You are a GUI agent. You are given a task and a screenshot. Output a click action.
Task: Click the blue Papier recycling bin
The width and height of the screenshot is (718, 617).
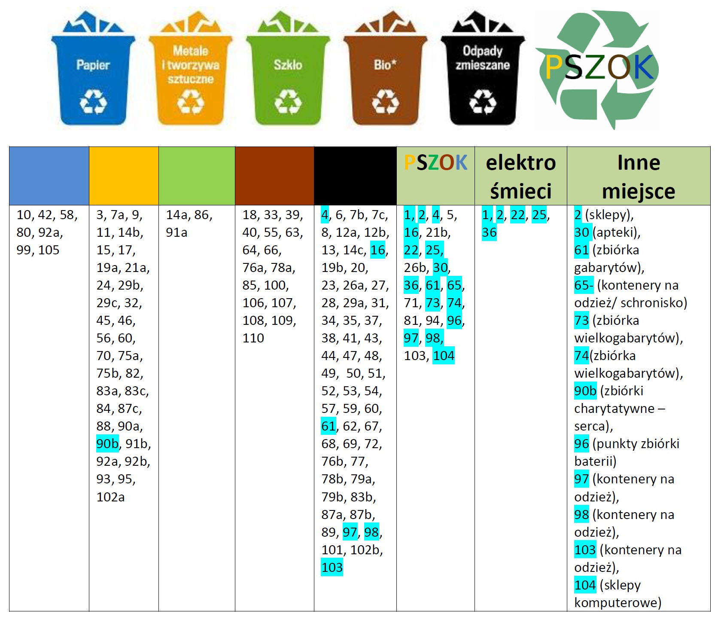[x=93, y=77]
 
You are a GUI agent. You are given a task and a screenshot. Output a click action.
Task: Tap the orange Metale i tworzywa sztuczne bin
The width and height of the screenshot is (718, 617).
[x=190, y=77]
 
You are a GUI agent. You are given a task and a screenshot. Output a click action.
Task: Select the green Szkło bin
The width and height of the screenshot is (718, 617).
[x=288, y=77]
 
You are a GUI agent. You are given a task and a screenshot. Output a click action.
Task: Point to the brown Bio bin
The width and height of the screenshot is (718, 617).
[x=385, y=77]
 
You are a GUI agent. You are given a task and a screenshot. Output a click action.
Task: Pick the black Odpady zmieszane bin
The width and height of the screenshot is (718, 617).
[x=483, y=77]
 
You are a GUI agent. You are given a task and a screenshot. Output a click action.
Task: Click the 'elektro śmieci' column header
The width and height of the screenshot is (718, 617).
[x=520, y=176]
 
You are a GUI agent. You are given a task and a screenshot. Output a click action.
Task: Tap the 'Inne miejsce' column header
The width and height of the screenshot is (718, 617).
[x=639, y=176]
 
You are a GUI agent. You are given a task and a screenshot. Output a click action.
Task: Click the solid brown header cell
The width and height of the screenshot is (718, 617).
[x=274, y=176]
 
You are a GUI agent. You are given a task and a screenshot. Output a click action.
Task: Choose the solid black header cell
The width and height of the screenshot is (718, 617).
[x=355, y=176]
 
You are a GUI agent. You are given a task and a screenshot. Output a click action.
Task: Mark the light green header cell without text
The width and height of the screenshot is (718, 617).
[x=197, y=176]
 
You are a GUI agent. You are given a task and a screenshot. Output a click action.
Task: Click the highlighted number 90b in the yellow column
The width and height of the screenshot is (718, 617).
[x=107, y=444]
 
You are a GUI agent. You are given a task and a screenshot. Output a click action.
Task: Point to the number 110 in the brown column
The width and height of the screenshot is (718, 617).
[x=253, y=338]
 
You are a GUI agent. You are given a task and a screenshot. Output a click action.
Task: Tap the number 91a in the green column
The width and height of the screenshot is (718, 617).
[x=176, y=232]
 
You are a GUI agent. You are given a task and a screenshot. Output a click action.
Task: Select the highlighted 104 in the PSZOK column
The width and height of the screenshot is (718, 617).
[x=443, y=356]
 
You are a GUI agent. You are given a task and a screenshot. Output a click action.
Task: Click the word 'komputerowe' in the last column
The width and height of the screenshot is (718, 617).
[x=618, y=603]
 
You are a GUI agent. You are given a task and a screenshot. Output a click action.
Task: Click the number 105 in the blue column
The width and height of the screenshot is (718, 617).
[x=49, y=250]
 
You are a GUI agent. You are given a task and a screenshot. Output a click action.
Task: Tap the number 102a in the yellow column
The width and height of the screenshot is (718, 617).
[x=110, y=497]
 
